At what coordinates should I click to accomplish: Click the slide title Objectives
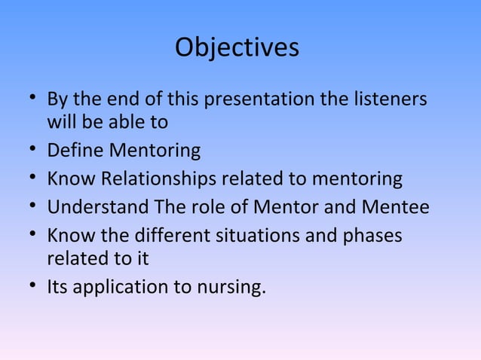click(x=237, y=48)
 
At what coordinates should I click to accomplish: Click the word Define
click(x=76, y=151)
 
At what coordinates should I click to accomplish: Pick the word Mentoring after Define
click(x=155, y=151)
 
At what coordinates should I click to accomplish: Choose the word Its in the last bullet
click(x=59, y=287)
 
